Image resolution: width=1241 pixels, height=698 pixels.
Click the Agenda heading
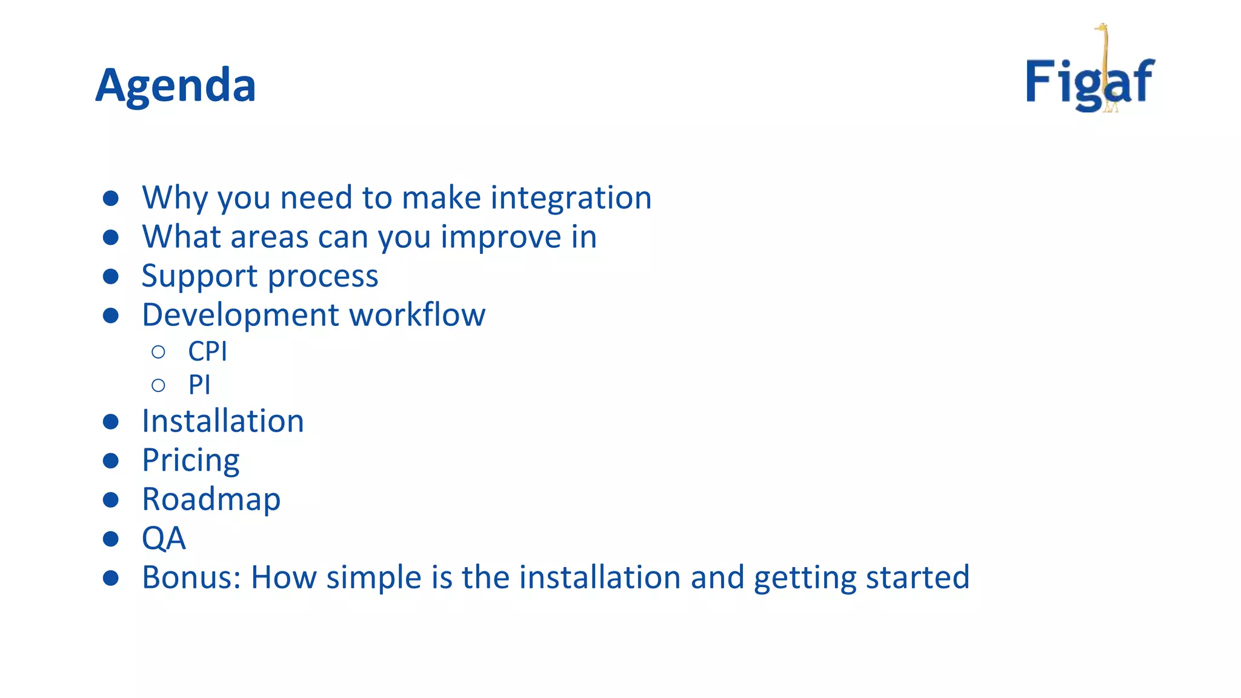coord(176,85)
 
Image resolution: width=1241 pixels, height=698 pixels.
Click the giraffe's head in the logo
coord(1100,28)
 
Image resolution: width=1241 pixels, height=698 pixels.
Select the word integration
coord(571,198)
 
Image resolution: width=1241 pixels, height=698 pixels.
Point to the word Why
coord(175,198)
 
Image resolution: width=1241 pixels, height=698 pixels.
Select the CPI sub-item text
coord(207,351)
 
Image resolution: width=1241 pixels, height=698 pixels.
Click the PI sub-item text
coord(199,385)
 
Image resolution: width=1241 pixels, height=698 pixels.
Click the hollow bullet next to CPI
coord(159,352)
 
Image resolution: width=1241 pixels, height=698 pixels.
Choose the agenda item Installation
coord(222,421)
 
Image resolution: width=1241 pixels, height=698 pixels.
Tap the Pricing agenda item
coord(190,460)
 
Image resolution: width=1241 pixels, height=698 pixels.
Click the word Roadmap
coord(211,500)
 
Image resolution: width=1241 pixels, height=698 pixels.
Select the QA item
coord(164,538)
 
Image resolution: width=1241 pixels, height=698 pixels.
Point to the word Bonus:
coord(191,577)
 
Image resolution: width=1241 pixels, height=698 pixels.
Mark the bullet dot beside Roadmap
coord(111,500)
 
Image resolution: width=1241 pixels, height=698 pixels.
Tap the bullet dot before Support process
coord(111,277)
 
